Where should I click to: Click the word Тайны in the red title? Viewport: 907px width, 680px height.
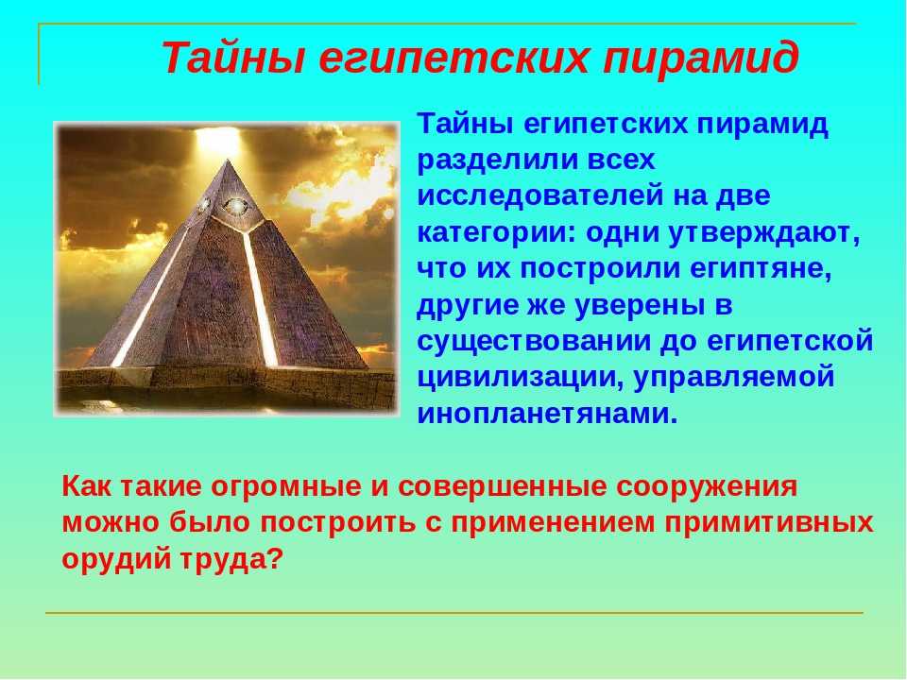(232, 59)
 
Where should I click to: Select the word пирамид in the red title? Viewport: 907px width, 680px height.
(700, 59)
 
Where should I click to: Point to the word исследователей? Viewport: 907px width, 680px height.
(539, 195)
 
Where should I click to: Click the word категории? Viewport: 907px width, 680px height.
(497, 233)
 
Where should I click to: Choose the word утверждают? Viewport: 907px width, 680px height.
(763, 233)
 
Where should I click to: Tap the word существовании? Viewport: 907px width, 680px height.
(535, 342)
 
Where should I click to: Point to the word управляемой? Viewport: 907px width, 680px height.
(735, 378)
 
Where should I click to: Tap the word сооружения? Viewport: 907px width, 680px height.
(707, 487)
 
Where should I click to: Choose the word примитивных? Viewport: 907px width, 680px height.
(769, 523)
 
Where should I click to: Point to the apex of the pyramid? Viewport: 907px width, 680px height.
(229, 161)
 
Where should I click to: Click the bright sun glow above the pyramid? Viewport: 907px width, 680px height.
(218, 140)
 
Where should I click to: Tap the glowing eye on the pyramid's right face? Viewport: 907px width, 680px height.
(235, 205)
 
